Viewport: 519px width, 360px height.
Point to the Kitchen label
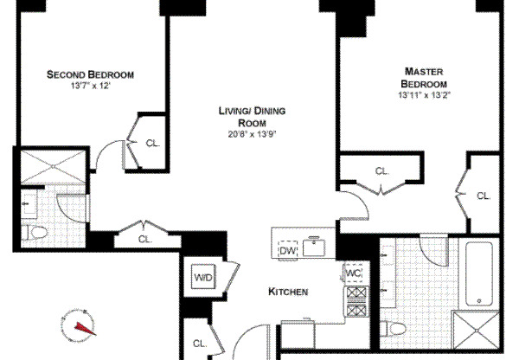tap(288, 292)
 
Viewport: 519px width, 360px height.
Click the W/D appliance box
tap(202, 278)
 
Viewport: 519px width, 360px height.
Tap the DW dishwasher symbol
tap(287, 251)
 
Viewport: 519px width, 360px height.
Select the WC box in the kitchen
tap(353, 273)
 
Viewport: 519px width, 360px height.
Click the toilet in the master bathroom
tap(395, 329)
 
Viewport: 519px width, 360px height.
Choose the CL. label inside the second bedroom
tap(152, 144)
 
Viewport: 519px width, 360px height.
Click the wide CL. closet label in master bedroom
tap(382, 170)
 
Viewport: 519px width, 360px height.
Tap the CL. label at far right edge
tap(484, 196)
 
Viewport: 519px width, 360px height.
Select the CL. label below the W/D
tap(200, 344)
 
